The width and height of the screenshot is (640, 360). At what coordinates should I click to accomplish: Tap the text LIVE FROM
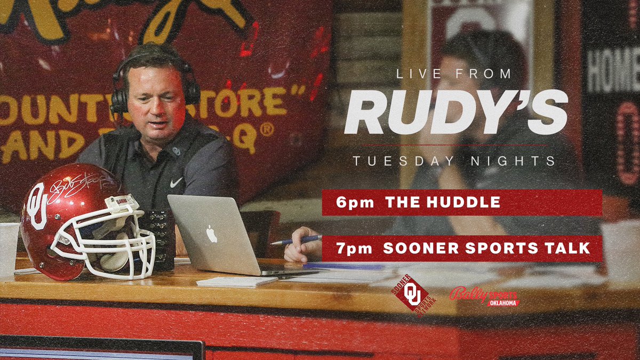(454, 74)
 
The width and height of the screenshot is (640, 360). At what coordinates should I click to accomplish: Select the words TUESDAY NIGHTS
(454, 161)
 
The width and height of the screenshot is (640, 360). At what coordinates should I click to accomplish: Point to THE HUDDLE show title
(442, 202)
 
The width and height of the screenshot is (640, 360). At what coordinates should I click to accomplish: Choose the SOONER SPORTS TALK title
(486, 248)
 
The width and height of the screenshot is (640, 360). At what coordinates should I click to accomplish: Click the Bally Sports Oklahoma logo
(484, 295)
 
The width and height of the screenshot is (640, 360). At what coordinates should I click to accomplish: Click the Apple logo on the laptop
(212, 234)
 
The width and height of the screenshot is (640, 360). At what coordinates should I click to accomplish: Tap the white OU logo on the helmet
(36, 206)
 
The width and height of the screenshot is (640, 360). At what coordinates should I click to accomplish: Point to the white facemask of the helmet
(115, 248)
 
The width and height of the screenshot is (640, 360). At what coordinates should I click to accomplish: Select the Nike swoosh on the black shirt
(176, 182)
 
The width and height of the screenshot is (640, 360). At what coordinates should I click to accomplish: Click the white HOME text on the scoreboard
(613, 69)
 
